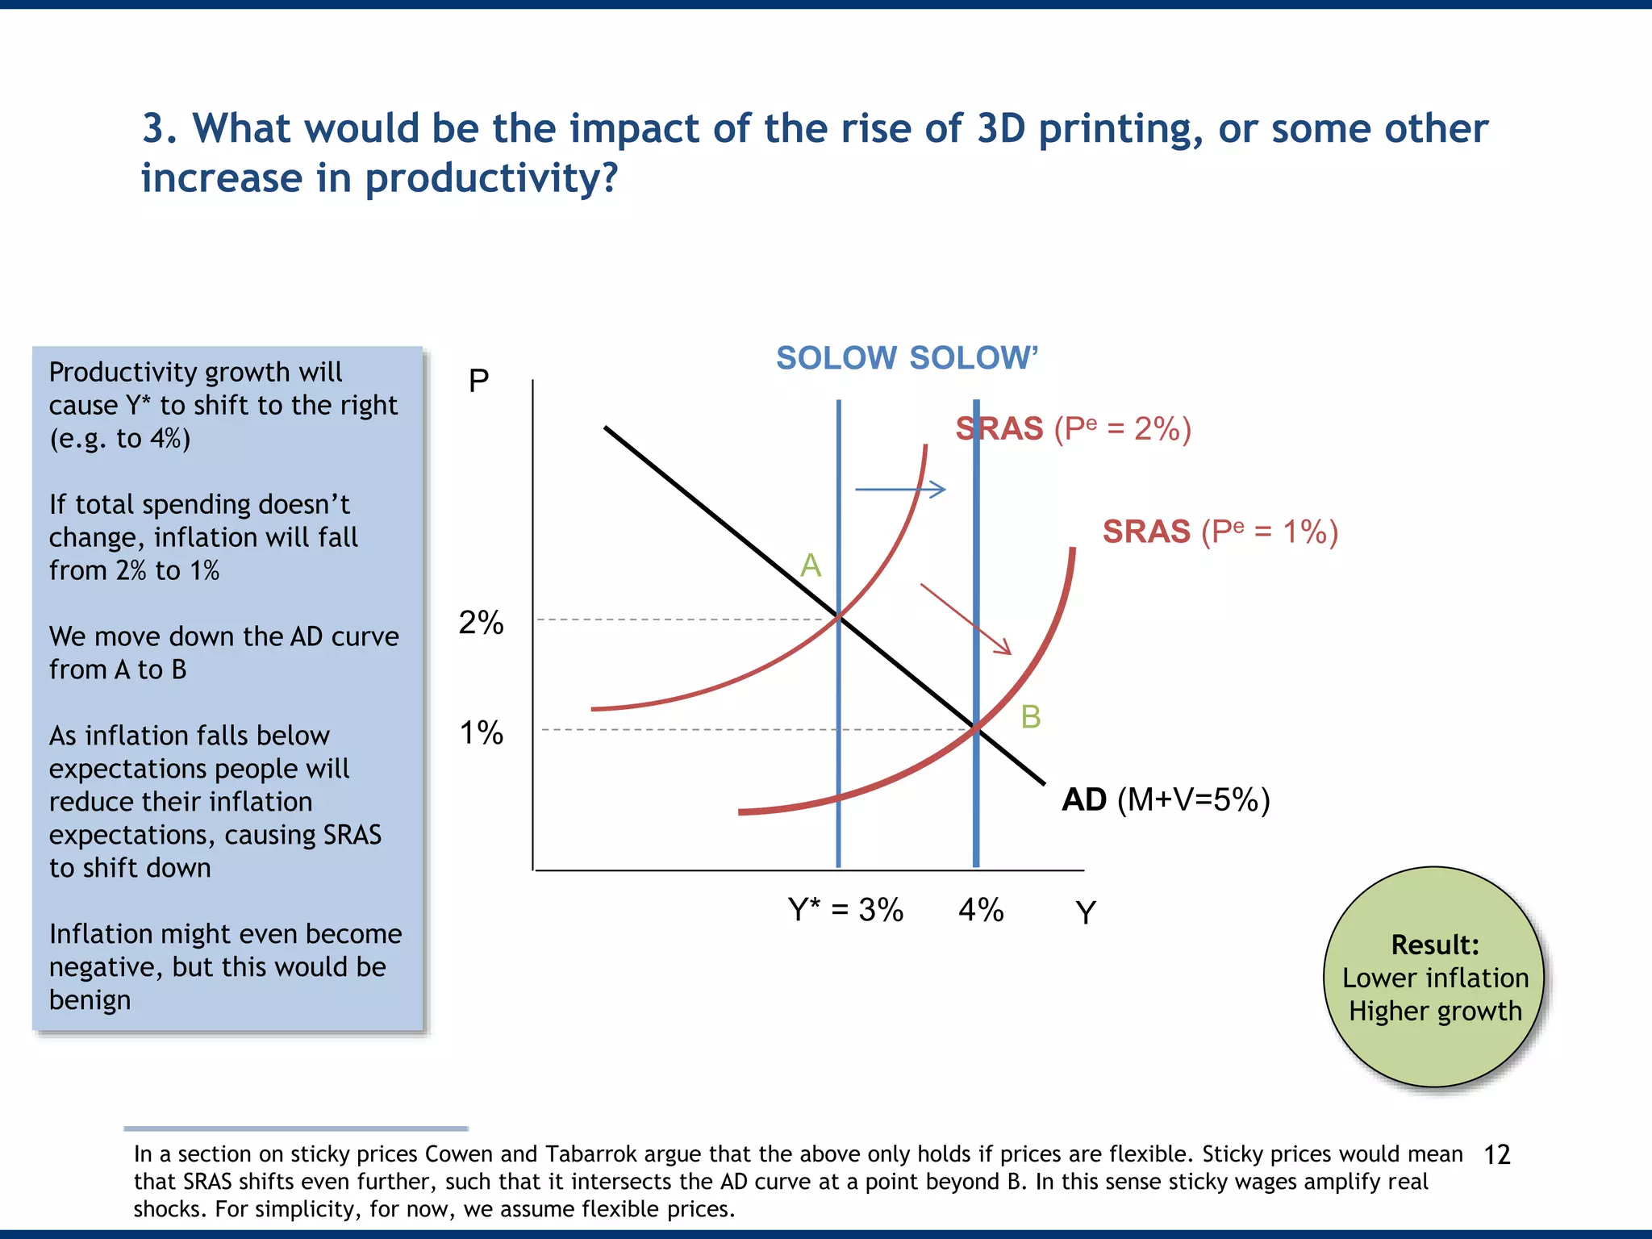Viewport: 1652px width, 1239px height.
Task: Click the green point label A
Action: (x=811, y=565)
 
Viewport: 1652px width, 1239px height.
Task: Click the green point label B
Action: (x=1031, y=717)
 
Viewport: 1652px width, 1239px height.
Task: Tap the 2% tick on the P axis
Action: (x=482, y=623)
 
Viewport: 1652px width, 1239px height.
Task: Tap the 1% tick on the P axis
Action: (x=482, y=733)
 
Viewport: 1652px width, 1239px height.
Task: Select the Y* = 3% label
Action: (x=845, y=910)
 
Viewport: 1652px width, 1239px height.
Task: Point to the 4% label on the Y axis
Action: (x=981, y=910)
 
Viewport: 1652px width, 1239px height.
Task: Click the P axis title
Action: (x=479, y=380)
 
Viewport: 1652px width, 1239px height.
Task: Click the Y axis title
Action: (x=1086, y=912)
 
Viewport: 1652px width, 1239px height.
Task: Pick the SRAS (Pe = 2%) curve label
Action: (x=1074, y=428)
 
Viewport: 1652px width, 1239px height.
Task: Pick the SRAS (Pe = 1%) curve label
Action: (x=1220, y=532)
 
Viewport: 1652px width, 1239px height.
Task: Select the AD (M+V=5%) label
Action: (x=1166, y=799)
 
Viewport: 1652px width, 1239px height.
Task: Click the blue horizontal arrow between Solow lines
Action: (x=900, y=489)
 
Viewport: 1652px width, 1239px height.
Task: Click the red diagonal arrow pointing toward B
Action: (x=966, y=619)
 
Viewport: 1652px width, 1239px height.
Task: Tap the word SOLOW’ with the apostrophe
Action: (x=974, y=358)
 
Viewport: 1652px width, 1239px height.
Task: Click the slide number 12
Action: (x=1497, y=1155)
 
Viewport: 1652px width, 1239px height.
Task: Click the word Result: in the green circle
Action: (x=1435, y=945)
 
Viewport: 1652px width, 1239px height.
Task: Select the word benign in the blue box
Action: (x=90, y=1000)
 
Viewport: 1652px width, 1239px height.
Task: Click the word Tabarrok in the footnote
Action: (x=591, y=1154)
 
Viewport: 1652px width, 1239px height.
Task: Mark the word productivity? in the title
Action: (x=491, y=179)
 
